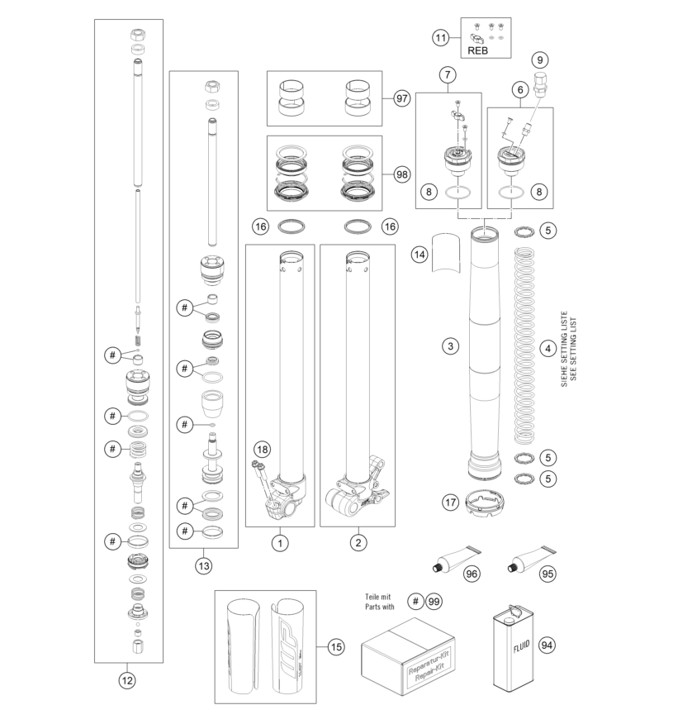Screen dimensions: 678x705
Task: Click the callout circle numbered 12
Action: coord(127,680)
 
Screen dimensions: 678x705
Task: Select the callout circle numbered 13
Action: coord(203,565)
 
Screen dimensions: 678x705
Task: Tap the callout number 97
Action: coord(401,98)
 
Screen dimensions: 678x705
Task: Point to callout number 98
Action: coord(401,174)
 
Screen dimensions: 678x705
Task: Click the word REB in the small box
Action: coord(477,50)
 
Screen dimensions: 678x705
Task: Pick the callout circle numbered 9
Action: coord(540,60)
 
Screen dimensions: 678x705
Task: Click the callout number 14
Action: coord(420,255)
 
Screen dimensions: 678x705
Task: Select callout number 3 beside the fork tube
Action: coord(450,346)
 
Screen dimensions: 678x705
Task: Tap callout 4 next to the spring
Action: coord(548,349)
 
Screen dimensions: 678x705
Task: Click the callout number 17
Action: coord(450,503)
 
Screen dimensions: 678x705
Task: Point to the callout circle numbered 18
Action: coord(263,449)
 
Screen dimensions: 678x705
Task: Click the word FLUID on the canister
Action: coord(522,646)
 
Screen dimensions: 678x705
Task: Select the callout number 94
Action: coord(547,645)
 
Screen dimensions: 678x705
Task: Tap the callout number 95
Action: coord(548,574)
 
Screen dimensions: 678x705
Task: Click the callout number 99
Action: coord(434,602)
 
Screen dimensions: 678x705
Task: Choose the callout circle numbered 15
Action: coord(335,647)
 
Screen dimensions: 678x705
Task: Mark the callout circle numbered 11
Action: coord(441,38)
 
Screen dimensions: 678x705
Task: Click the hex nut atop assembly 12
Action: coord(138,34)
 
